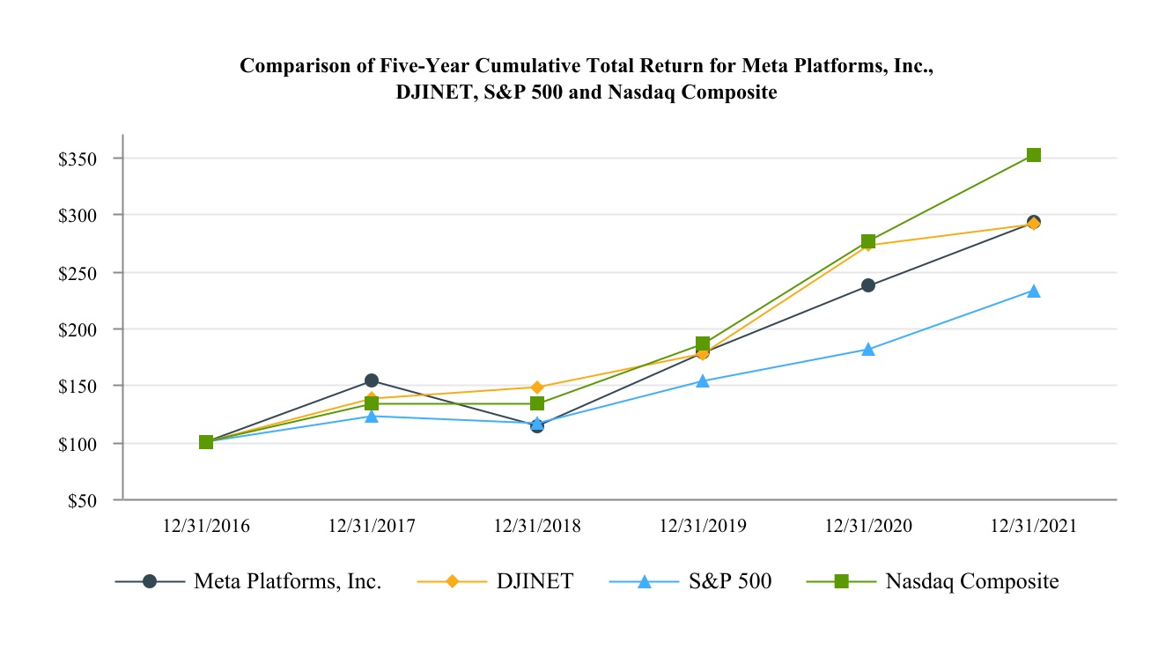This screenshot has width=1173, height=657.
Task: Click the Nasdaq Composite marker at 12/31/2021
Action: (x=1034, y=155)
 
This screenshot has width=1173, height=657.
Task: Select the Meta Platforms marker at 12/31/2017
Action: (x=372, y=380)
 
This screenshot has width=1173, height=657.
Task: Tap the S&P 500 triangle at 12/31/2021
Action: (x=1034, y=292)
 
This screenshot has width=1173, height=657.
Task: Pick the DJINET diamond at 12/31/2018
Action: (x=537, y=388)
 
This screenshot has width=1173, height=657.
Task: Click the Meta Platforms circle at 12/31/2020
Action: (x=868, y=285)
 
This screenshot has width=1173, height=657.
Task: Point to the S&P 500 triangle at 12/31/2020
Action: (x=868, y=350)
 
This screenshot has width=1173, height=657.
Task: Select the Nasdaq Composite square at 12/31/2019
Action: (x=703, y=343)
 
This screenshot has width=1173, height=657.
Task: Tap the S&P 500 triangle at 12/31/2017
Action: (x=372, y=416)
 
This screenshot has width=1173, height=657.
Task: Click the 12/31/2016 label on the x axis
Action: (x=206, y=526)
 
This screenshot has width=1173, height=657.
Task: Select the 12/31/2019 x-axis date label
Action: (x=703, y=526)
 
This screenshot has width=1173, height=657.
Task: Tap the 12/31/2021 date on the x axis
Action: (x=1034, y=526)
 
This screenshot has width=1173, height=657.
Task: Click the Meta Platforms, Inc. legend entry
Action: (x=287, y=582)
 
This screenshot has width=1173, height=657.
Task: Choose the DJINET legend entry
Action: (x=535, y=582)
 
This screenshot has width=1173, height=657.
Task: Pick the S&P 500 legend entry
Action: (x=730, y=582)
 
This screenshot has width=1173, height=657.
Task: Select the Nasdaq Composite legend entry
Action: (x=971, y=582)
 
